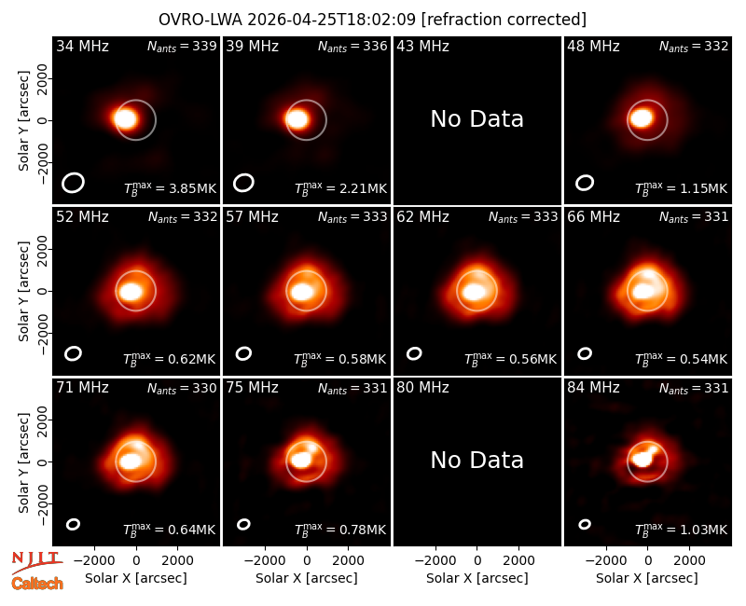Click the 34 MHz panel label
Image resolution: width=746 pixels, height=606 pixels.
[82, 46]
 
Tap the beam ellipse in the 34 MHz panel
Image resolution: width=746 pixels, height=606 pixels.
[73, 183]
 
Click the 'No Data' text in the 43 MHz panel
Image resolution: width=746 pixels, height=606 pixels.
[477, 119]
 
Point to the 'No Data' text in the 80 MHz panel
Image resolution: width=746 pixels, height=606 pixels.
[477, 461]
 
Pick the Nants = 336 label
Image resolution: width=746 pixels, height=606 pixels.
[352, 46]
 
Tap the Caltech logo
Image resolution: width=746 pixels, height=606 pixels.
[37, 584]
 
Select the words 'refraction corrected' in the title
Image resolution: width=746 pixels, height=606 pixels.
[504, 20]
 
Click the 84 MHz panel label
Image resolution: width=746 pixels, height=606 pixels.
[593, 388]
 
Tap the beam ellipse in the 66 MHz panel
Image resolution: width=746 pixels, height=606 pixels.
[585, 353]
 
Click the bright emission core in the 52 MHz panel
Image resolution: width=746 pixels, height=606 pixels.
[130, 292]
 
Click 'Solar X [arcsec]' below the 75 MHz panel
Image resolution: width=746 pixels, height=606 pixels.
[307, 578]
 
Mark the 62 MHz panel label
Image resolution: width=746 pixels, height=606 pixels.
[423, 217]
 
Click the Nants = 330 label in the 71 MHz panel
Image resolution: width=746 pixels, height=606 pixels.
[182, 388]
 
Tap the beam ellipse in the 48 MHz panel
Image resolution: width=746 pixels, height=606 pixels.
[585, 183]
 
